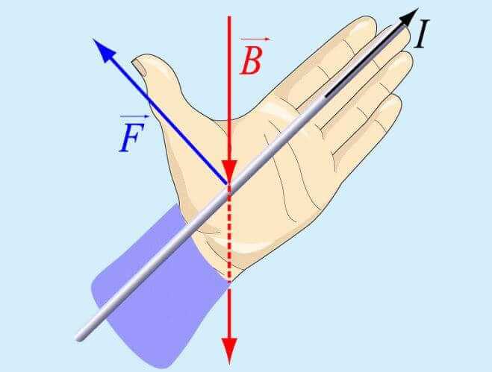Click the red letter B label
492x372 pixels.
coord(251,61)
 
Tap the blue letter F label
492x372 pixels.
coord(132,137)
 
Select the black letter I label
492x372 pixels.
coord(421,34)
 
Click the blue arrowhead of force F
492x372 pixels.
coord(105,51)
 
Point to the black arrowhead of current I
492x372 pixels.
coord(408,18)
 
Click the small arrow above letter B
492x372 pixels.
coord(255,40)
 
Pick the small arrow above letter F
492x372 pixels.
coord(134,116)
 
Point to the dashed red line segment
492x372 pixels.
coord(229,235)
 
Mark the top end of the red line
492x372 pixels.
coord(229,16)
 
